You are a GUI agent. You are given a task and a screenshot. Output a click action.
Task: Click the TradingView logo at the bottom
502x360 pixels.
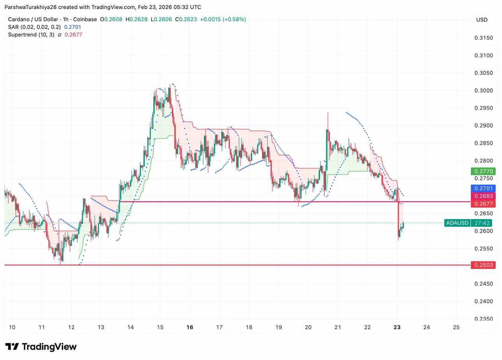(41, 347)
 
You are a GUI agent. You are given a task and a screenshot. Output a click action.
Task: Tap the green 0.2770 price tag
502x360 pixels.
(482, 171)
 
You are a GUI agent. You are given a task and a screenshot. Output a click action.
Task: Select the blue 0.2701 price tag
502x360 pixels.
(482, 189)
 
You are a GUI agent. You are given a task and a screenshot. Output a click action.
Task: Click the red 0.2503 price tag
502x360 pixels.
(482, 265)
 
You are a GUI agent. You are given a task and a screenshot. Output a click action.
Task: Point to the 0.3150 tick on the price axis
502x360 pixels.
(484, 38)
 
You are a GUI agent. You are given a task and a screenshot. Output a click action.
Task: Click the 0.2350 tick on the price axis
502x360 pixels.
(484, 319)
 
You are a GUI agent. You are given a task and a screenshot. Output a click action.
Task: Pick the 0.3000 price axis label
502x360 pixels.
(484, 90)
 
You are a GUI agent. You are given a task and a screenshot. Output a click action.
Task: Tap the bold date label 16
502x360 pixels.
(190, 327)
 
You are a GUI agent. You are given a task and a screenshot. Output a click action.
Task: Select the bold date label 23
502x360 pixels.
(397, 327)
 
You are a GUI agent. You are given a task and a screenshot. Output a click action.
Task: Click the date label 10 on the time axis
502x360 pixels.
(12, 327)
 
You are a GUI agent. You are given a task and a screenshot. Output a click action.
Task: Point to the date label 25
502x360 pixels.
(456, 327)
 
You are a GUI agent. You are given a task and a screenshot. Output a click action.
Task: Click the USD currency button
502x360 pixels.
(482, 20)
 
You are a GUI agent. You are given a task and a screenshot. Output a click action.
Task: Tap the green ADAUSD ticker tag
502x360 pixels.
(457, 223)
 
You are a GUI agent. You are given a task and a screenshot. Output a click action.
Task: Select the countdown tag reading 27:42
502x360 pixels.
(482, 223)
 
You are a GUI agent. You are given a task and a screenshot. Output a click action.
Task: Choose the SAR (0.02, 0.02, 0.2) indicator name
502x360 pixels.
(34, 27)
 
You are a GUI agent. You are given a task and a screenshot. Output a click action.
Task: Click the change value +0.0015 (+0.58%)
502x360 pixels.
(223, 19)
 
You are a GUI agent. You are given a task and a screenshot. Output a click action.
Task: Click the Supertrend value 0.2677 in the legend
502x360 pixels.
(73, 34)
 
